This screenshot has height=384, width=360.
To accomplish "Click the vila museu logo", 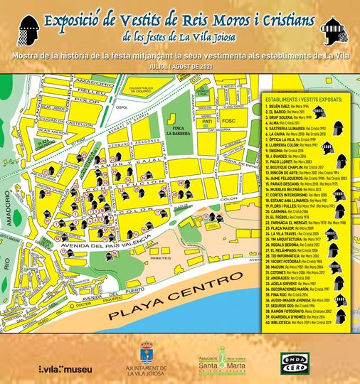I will [65, 369].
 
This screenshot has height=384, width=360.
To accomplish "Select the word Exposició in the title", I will [78, 19].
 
